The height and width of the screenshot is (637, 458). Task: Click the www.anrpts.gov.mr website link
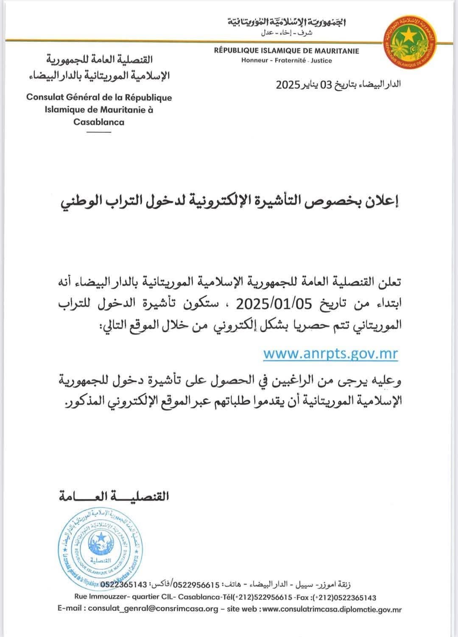pyautogui.click(x=330, y=353)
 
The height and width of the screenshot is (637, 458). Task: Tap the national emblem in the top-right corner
pyautogui.click(x=409, y=39)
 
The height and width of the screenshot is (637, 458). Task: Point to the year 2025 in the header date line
pyautogui.click(x=288, y=84)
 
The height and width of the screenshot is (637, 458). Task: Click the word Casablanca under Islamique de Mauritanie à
pyautogui.click(x=99, y=122)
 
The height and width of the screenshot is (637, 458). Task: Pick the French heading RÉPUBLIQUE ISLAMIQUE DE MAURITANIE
pyautogui.click(x=286, y=51)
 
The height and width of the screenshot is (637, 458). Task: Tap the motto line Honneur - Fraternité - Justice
pyautogui.click(x=286, y=61)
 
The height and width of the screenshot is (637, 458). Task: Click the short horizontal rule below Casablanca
pyautogui.click(x=98, y=132)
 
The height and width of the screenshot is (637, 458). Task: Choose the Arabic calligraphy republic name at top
pyautogui.click(x=286, y=22)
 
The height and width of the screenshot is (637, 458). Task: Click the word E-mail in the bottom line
pyautogui.click(x=72, y=609)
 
